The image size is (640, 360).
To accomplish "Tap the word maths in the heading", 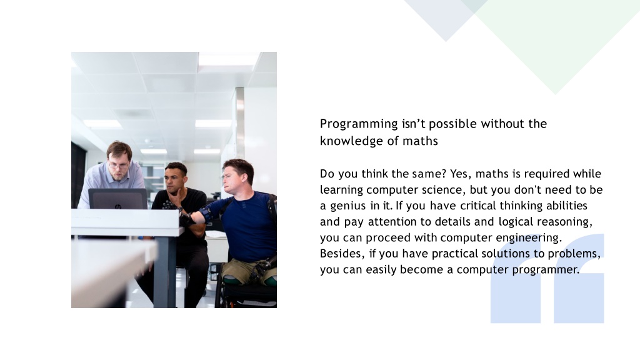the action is pyautogui.click(x=420, y=141).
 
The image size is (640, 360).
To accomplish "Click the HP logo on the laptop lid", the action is pyautogui.click(x=118, y=207).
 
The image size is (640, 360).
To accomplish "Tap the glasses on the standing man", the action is pyautogui.click(x=119, y=166).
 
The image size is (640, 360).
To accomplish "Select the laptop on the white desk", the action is pyautogui.click(x=117, y=199).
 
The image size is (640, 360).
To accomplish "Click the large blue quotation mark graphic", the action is pyautogui.click(x=547, y=278).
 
